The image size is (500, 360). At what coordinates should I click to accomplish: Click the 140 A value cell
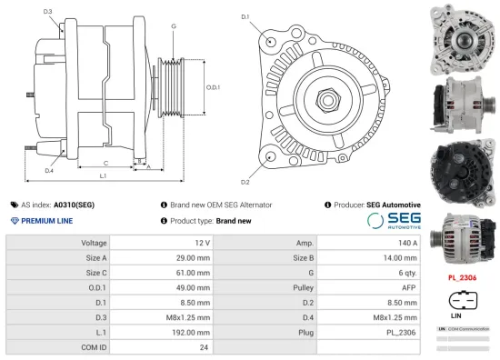[x=368, y=243]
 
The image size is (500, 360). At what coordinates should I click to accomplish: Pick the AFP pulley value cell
[x=368, y=286]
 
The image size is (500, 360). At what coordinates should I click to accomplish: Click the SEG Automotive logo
[x=393, y=221]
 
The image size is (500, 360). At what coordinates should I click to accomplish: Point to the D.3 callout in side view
[x=47, y=12]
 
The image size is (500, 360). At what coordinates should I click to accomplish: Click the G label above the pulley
[x=173, y=26]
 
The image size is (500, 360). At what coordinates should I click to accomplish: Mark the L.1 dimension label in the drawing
[x=104, y=175]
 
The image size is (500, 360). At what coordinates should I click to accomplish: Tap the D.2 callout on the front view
[x=245, y=169]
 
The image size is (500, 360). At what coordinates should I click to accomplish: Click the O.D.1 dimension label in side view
[x=212, y=87]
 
